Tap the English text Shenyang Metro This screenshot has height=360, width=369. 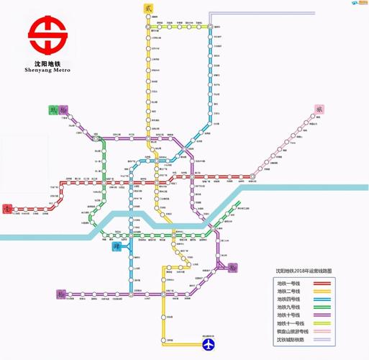coord(47,71)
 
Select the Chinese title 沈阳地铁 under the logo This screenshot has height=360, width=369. coord(47,62)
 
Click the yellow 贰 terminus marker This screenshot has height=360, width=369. coord(148,8)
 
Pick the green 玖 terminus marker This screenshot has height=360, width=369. coord(53,109)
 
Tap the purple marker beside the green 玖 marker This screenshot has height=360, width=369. coord(65,109)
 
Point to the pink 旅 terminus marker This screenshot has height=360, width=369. coord(320,109)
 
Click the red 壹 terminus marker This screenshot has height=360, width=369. coord(7,208)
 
